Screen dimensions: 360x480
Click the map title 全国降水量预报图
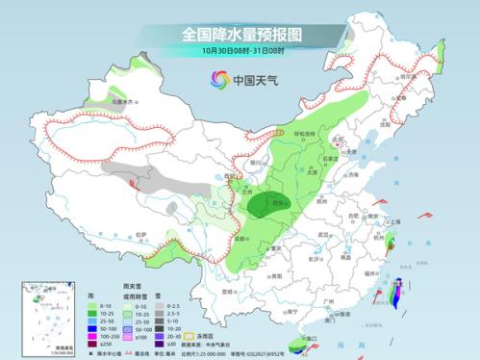(x=240, y=34)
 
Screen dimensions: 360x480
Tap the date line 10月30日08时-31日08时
(x=240, y=50)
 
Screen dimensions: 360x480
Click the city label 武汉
(x=326, y=234)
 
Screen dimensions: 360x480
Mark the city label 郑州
(x=323, y=204)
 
